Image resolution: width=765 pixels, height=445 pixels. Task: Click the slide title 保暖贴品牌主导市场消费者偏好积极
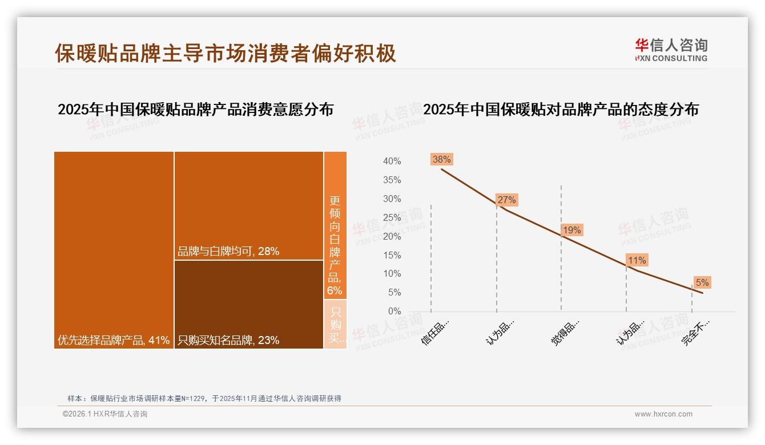point(226,53)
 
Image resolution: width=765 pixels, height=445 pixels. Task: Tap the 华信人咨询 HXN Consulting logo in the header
point(671,50)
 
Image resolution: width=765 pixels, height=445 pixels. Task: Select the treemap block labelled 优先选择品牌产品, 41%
point(114,249)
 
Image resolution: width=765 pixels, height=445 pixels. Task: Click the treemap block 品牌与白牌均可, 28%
point(249,205)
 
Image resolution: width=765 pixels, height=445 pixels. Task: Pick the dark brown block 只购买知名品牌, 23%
point(249,304)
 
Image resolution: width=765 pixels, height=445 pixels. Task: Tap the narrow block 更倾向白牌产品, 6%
point(335,225)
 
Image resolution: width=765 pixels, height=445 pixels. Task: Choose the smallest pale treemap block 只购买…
point(335,324)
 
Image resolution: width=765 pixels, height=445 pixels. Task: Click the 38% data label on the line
point(441,159)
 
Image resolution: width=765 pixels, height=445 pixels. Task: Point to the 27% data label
point(506,200)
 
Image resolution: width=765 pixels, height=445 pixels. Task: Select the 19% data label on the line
point(571,230)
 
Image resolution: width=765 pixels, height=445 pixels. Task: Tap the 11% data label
point(637,260)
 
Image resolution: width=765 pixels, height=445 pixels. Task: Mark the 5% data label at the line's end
point(702,282)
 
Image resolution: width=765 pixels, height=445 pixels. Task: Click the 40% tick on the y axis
point(392,161)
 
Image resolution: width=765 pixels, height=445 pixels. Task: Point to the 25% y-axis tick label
point(392,217)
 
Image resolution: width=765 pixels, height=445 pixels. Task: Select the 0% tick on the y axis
point(394,311)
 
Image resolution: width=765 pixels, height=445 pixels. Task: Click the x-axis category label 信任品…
point(436,332)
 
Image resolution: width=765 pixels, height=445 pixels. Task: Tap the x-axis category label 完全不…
point(696,332)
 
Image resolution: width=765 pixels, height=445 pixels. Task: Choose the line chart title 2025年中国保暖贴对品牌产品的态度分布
point(561,110)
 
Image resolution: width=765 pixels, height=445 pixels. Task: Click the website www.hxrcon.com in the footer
point(663,414)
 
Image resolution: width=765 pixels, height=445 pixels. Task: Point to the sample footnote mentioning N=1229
point(204,398)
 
